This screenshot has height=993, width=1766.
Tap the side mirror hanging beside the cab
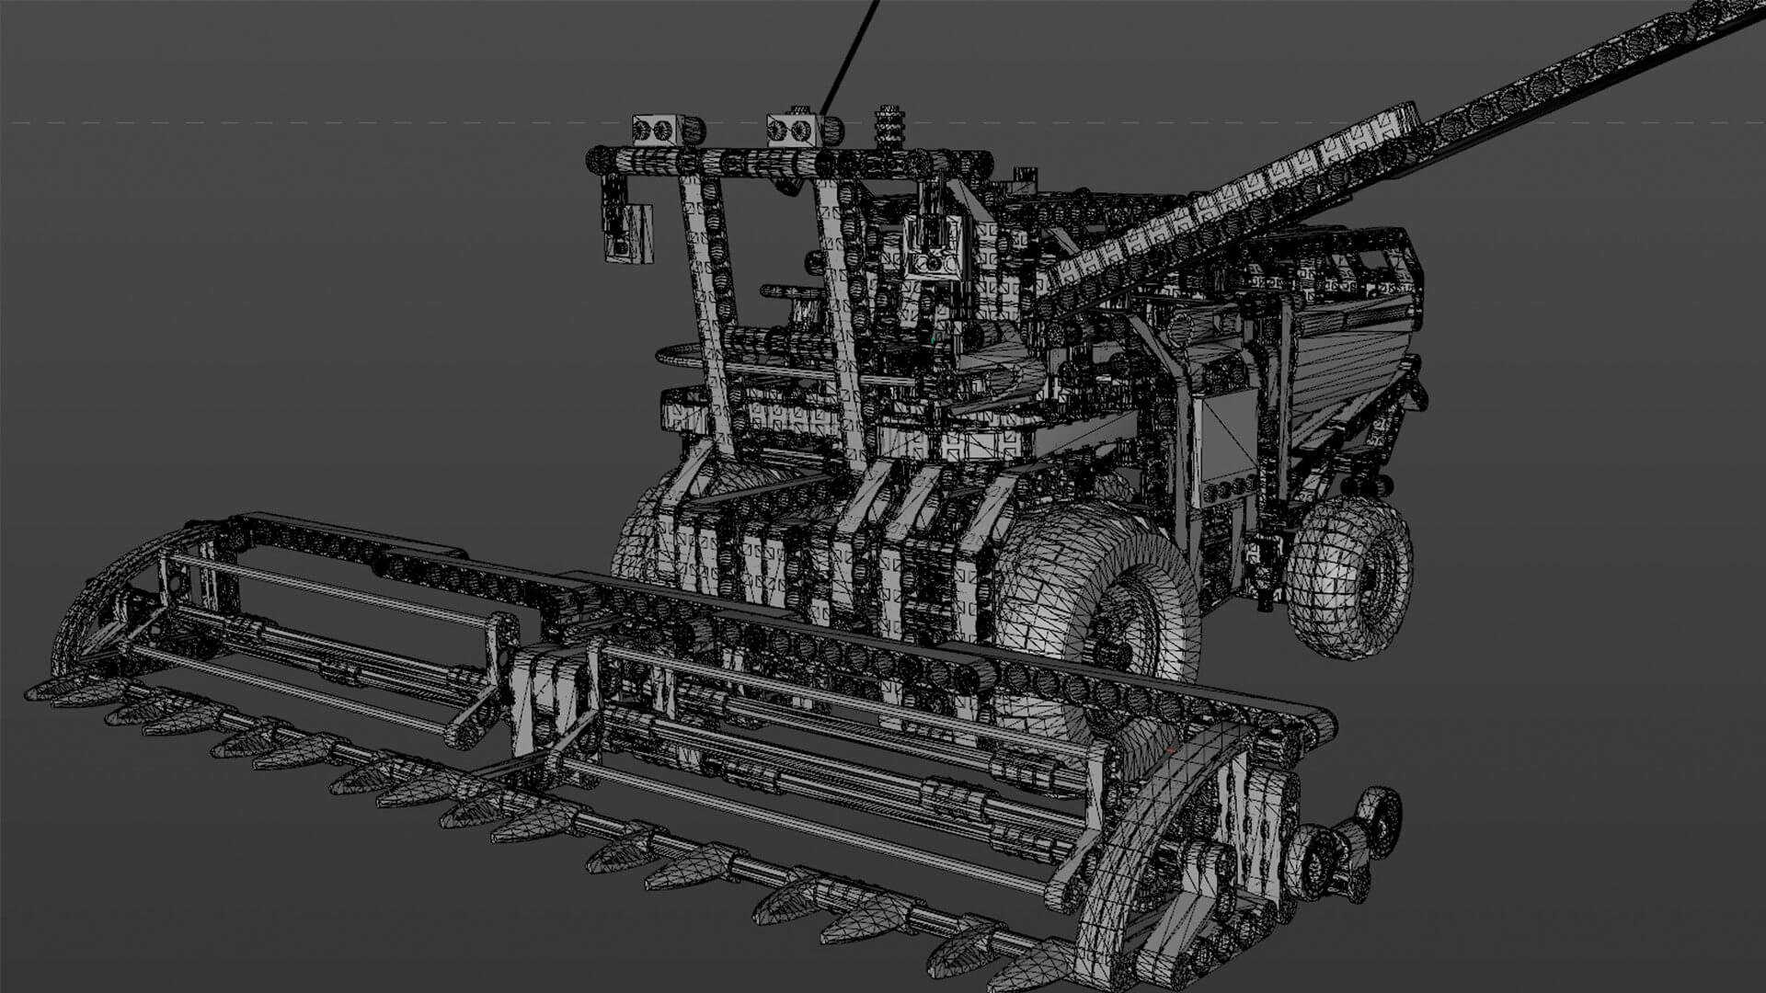pos(628,232)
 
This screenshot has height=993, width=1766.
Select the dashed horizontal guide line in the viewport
pos(276,122)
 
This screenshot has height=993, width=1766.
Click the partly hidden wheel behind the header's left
pos(639,542)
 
